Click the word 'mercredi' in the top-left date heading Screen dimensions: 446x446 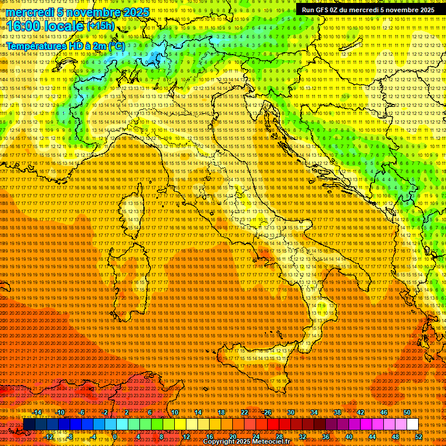tap(30, 12)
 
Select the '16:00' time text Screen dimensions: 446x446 tap(23, 27)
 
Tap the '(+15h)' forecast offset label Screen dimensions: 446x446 tap(100, 26)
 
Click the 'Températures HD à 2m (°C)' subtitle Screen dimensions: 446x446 tap(64, 45)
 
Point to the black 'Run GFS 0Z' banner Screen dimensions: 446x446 tap(368, 10)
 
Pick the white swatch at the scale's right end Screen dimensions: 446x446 tap(412, 425)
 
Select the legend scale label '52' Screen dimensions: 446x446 tap(419, 437)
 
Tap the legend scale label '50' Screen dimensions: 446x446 tap(407, 412)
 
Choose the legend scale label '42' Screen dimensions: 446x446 tap(361, 412)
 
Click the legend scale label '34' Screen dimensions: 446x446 tap(314, 412)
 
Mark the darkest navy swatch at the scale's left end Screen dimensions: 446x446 tap(29, 425)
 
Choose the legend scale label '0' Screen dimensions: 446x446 tap(114, 437)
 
